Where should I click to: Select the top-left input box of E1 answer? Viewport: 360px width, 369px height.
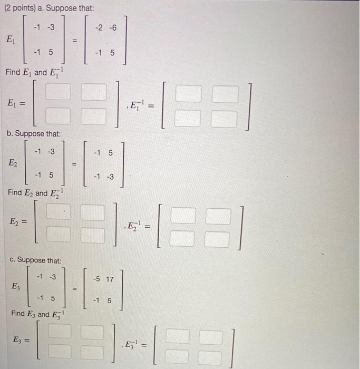pos(60,93)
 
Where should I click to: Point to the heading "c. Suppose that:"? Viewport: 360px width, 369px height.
pos(35,260)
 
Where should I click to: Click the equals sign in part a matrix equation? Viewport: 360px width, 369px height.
pos(75,39)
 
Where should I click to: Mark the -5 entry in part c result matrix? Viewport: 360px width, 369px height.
pos(96,278)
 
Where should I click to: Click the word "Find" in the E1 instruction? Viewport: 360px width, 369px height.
pos(13,72)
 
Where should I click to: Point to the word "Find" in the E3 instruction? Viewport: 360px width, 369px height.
pos(18,314)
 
